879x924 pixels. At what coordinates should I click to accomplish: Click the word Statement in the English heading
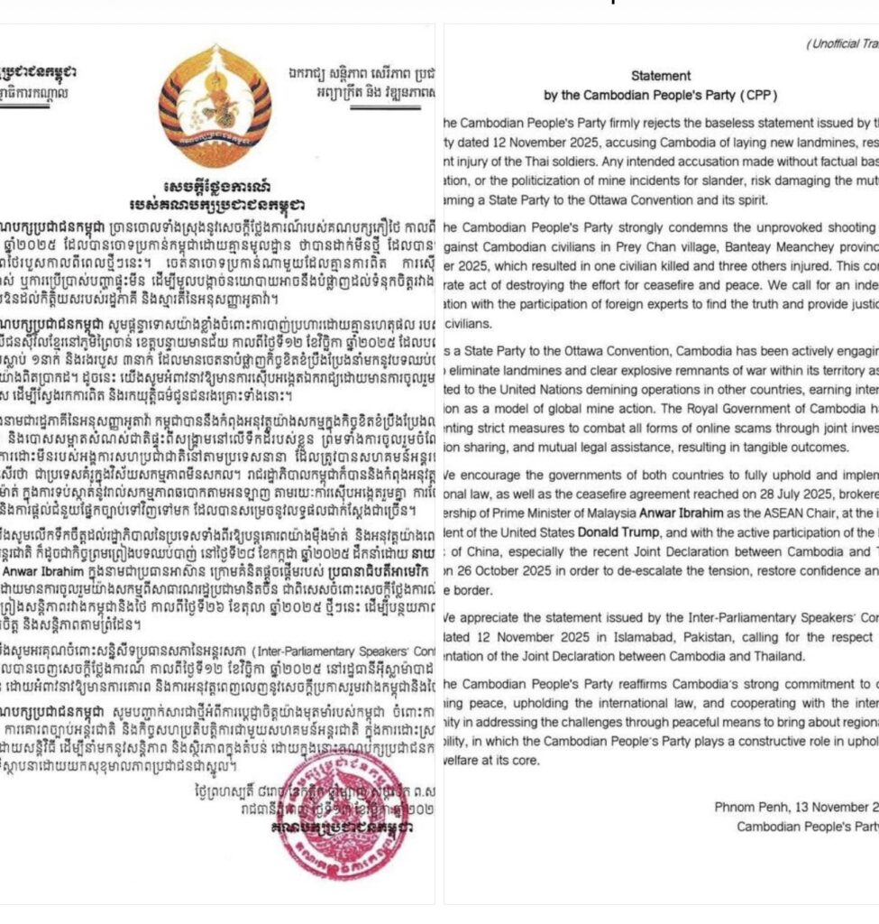661,76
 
